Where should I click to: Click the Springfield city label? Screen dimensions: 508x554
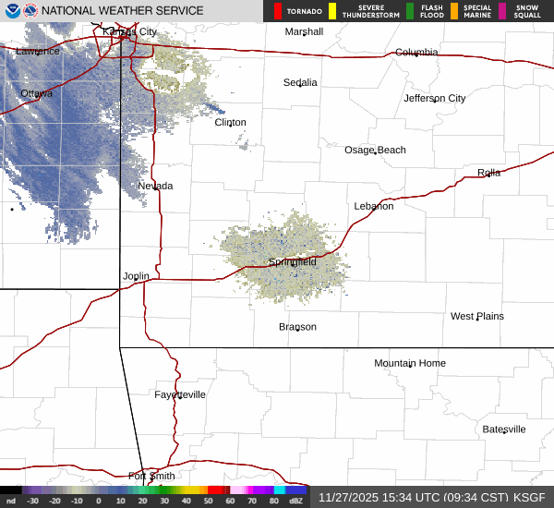(293, 262)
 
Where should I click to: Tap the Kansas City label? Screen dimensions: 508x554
(129, 31)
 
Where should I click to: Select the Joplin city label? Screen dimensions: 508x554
(136, 276)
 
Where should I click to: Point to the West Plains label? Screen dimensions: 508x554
(477, 316)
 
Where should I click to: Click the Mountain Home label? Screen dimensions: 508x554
(410, 363)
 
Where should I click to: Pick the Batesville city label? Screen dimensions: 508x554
(504, 429)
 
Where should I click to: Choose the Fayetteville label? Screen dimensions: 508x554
(180, 394)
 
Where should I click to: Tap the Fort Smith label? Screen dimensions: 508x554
(151, 477)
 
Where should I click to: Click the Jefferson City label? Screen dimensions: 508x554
(435, 98)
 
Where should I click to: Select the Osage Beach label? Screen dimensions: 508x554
(375, 150)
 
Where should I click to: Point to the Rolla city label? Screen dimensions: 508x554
(488, 173)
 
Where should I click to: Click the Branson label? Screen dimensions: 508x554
(297, 327)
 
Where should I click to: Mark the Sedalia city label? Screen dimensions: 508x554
(300, 82)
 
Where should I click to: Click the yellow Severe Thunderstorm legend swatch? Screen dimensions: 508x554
(332, 11)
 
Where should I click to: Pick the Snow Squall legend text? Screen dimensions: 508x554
(526, 11)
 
